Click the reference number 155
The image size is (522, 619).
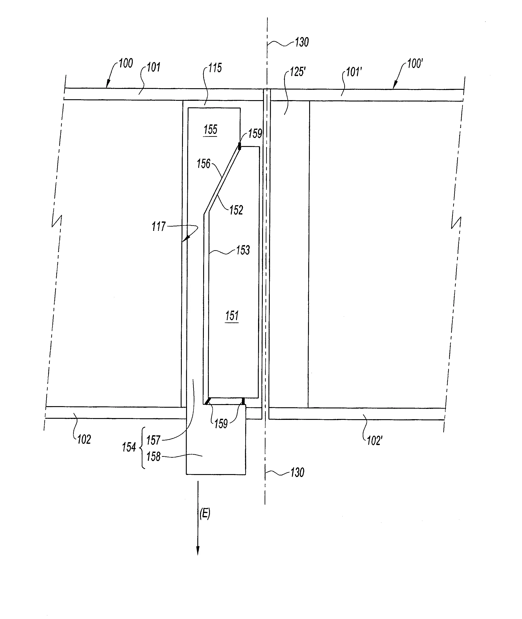(x=210, y=130)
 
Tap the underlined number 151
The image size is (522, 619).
(x=232, y=316)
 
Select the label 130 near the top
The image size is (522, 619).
(x=301, y=42)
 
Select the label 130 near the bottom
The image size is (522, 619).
(x=297, y=473)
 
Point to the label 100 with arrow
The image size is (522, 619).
(x=126, y=63)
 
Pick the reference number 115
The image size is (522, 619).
(x=215, y=68)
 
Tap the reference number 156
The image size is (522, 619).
(x=204, y=164)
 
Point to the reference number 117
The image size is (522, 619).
(x=159, y=227)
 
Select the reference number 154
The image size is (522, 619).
(x=129, y=447)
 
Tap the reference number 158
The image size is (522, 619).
(x=153, y=457)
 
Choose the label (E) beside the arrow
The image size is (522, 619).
(x=205, y=514)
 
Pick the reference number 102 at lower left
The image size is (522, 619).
(x=84, y=439)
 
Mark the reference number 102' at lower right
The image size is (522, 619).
(x=374, y=441)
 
